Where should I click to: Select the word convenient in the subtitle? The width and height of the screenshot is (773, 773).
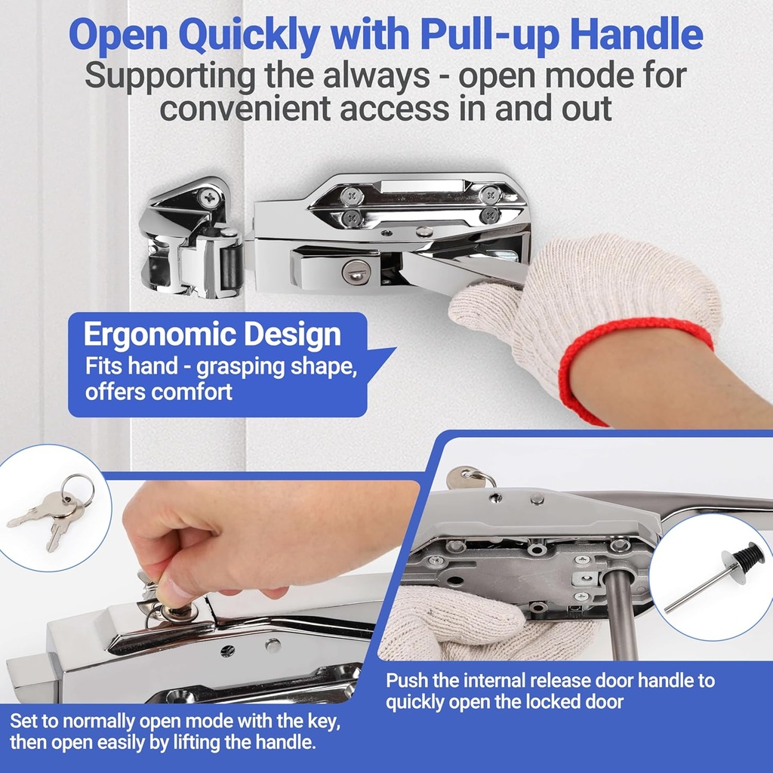(x=248, y=108)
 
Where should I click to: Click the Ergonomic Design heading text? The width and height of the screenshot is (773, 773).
(x=212, y=334)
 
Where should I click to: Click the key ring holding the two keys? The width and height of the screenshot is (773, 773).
(x=78, y=488)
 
